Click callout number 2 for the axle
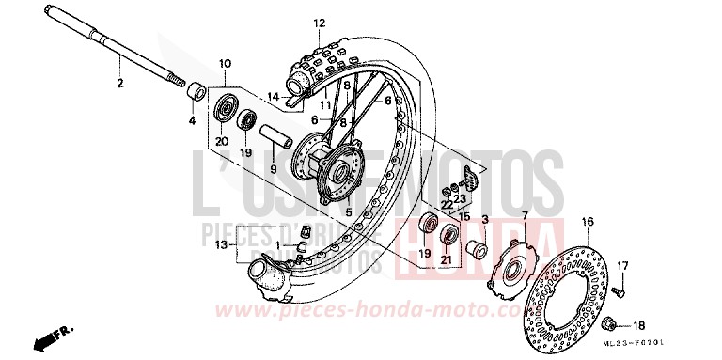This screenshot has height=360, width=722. [x=120, y=84]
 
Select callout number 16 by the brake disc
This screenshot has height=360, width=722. [x=588, y=222]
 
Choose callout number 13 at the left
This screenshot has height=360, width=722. [x=220, y=245]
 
